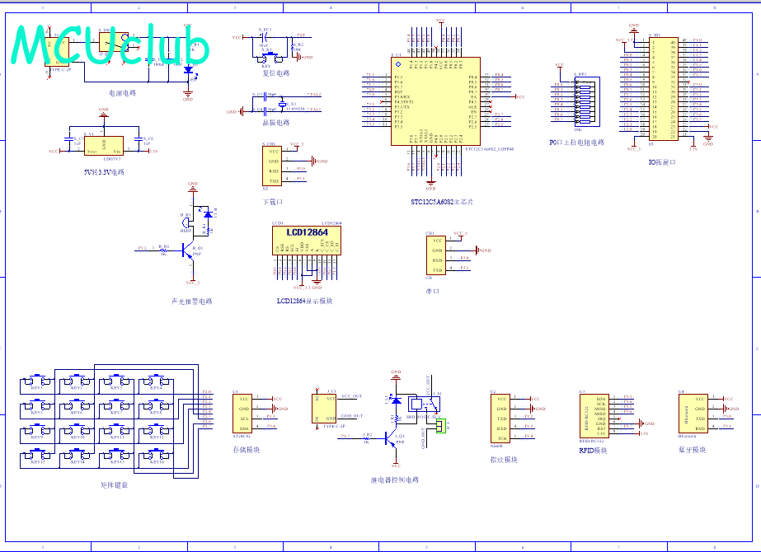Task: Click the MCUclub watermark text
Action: [111, 44]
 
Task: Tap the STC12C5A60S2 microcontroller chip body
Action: [435, 101]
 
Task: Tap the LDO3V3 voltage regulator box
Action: [104, 146]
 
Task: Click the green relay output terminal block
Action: [441, 425]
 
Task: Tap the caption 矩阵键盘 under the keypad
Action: [114, 485]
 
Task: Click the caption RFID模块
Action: [593, 451]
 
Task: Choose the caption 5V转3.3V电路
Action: [104, 172]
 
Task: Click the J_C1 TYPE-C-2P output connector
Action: [322, 409]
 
